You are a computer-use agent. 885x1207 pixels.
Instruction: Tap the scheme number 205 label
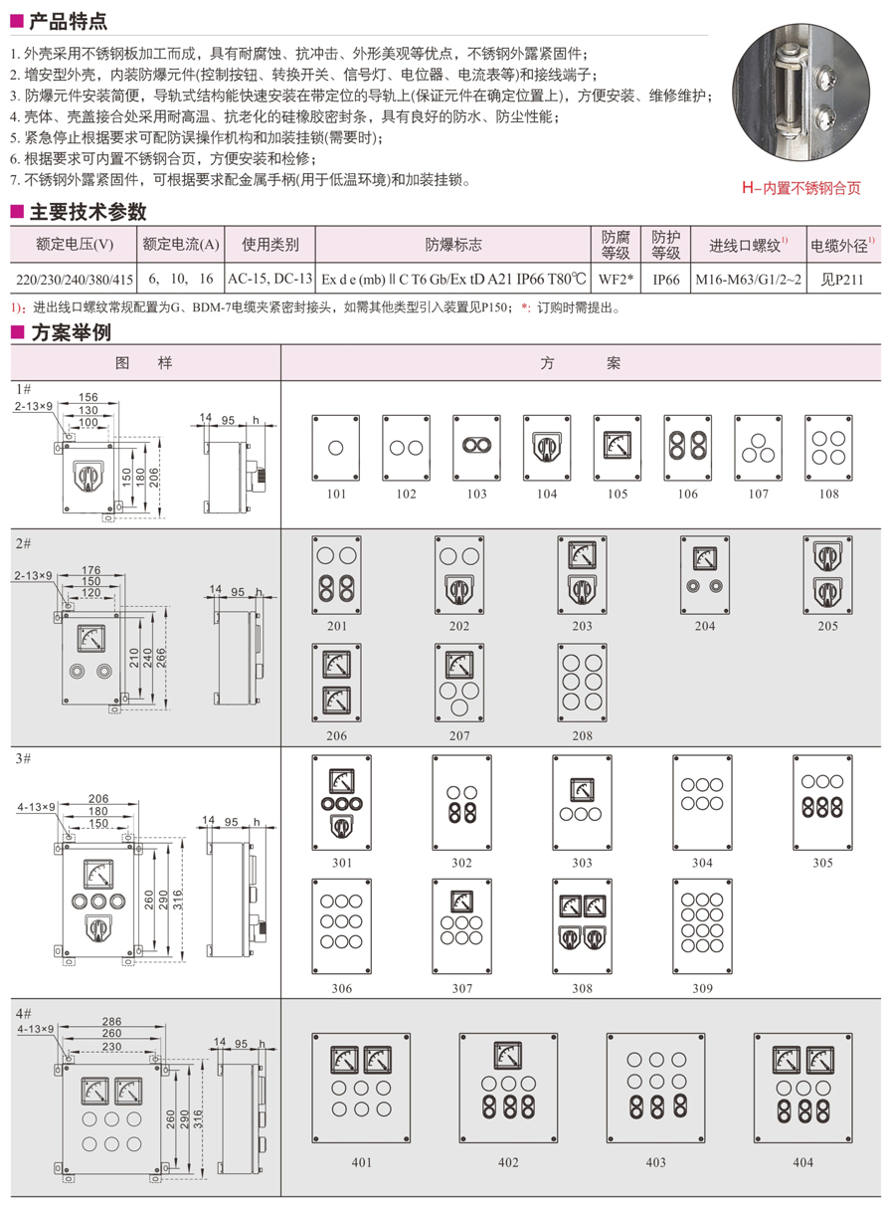coord(826,626)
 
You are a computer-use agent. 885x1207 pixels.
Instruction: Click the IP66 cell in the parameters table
coord(665,280)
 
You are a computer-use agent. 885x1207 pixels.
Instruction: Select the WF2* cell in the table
coord(617,280)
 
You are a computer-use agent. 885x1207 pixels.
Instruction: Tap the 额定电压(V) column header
coord(74,245)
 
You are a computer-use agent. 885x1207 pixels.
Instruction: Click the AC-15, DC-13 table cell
coord(269,280)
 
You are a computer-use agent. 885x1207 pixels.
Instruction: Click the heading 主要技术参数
coord(88,212)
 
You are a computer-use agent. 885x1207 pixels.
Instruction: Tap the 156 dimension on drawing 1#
coord(88,396)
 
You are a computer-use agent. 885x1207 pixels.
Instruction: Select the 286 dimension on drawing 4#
coord(111,1021)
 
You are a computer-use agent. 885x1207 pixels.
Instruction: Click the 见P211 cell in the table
coord(842,280)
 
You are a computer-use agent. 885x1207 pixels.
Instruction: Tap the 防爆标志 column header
coord(453,245)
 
